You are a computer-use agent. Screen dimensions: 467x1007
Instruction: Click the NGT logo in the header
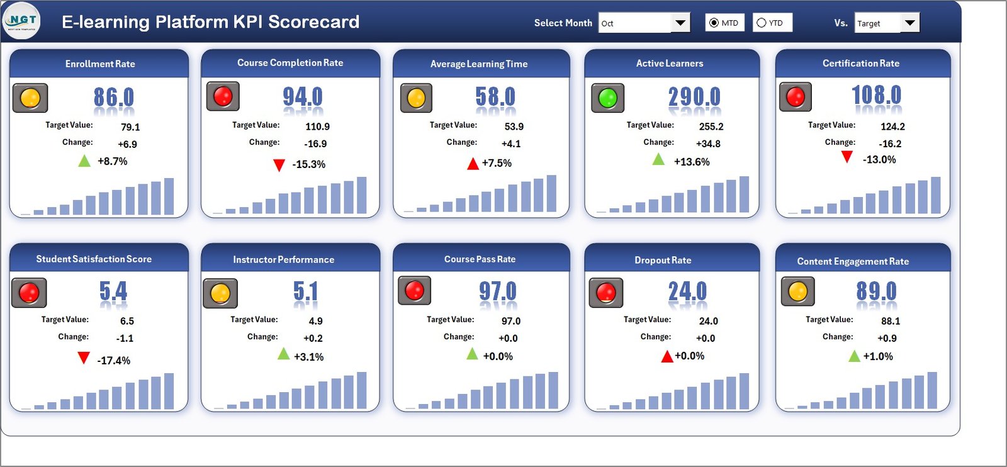click(22, 21)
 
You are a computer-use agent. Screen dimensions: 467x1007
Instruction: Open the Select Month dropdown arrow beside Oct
click(680, 23)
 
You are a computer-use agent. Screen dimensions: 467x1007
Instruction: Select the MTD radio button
click(714, 23)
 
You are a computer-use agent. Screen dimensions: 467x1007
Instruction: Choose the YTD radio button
click(762, 23)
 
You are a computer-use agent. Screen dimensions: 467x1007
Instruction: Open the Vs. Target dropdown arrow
click(909, 23)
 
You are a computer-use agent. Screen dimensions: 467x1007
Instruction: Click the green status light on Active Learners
click(607, 98)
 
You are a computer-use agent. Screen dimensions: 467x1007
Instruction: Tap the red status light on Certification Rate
click(796, 97)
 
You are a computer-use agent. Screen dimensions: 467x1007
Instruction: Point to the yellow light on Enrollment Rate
click(30, 98)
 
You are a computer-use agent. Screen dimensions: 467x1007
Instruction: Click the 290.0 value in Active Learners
click(694, 97)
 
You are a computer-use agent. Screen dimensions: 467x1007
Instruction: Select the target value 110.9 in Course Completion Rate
click(317, 127)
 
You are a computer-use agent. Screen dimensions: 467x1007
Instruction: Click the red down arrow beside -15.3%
click(279, 165)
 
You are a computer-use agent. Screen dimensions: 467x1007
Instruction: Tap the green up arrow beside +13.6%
click(658, 159)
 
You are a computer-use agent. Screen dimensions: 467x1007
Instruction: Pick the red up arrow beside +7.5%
click(473, 164)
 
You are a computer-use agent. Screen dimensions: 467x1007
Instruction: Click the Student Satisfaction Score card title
click(94, 259)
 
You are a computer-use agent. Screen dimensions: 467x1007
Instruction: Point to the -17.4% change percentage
click(114, 361)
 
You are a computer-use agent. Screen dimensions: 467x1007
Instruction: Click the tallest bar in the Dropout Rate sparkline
click(744, 391)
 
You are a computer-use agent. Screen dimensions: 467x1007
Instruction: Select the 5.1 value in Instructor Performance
click(306, 291)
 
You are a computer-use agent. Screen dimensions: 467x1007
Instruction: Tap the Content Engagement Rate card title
click(853, 261)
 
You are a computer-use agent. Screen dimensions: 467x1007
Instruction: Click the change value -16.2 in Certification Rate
click(890, 143)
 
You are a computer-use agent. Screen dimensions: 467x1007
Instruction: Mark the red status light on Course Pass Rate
click(414, 290)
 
